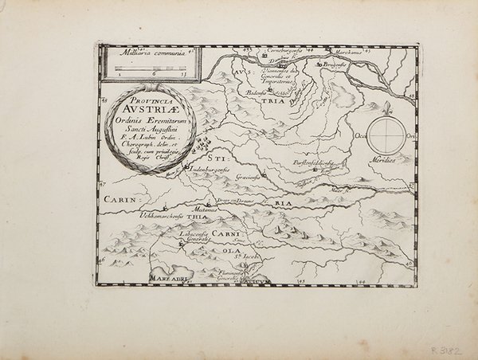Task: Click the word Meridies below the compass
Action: coord(388,156)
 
